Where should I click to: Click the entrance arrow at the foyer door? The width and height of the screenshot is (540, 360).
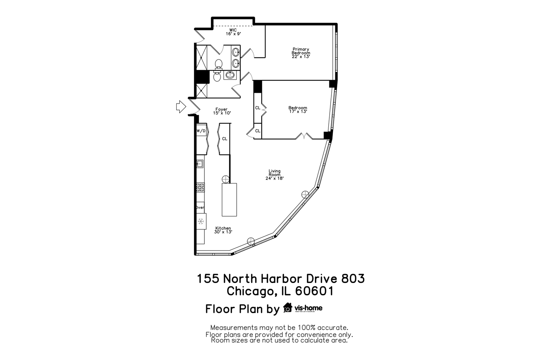(181, 107)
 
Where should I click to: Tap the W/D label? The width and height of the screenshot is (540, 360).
(201, 131)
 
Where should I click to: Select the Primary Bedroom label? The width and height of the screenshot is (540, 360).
(301, 53)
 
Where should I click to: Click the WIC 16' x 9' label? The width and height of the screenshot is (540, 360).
(233, 32)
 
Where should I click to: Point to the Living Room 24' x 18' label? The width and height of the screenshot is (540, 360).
(274, 175)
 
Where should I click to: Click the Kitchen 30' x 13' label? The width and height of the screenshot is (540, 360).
(223, 230)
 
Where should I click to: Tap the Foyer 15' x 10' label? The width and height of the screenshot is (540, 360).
(222, 111)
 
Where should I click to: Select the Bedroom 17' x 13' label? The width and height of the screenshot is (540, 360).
(298, 110)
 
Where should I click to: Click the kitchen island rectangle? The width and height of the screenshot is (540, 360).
(229, 199)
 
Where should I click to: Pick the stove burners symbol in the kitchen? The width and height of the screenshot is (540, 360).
(200, 187)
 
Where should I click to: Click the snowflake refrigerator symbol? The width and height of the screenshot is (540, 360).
(201, 221)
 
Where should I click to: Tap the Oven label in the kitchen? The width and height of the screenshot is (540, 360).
(200, 207)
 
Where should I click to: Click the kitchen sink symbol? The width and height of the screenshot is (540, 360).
(200, 164)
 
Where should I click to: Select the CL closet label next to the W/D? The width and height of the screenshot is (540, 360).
(225, 139)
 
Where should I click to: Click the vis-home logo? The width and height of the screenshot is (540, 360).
(303, 308)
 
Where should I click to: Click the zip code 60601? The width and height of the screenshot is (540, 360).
(314, 291)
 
